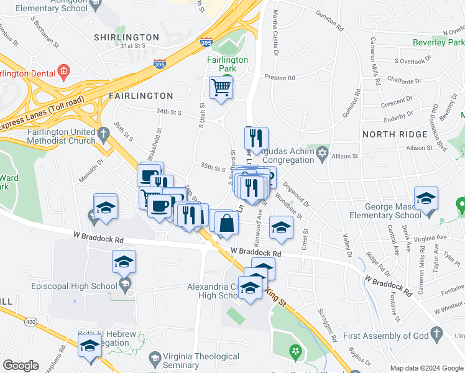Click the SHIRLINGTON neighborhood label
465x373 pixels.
[119, 37]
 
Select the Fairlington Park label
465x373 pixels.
[227, 64]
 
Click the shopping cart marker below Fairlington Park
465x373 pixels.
[221, 88]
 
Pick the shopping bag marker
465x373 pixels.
[227, 223]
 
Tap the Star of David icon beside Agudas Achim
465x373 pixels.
[322, 153]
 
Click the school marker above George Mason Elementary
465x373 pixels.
[426, 199]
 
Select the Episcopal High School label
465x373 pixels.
[74, 286]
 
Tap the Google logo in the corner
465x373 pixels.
[21, 366]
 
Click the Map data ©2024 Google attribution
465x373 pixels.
[426, 368]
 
